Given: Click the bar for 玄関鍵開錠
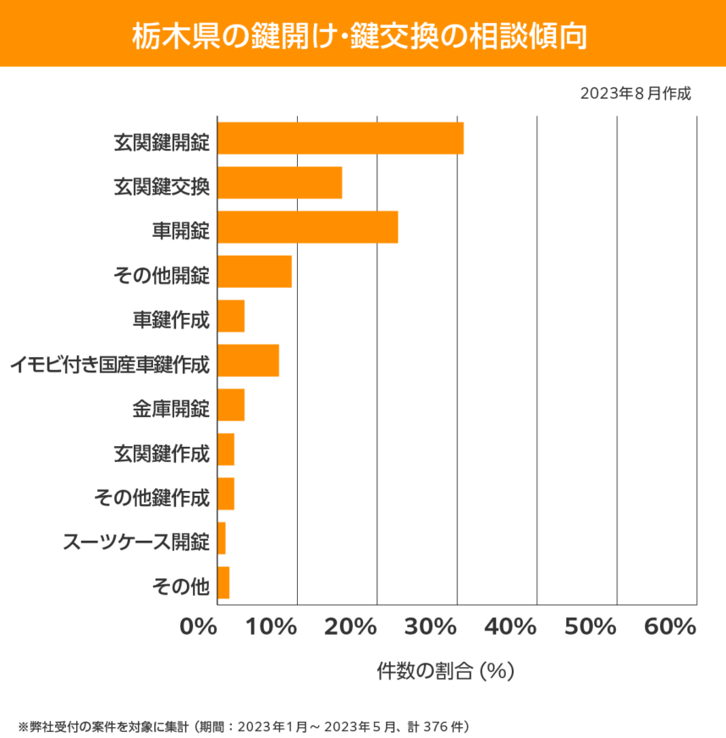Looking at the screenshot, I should click(340, 138).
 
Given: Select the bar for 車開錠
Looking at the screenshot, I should click(307, 227).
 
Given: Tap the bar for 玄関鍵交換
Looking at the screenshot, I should click(279, 183).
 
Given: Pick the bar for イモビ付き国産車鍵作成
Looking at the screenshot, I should click(248, 361).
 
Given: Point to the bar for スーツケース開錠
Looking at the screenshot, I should click(222, 538).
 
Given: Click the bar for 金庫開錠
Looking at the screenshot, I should click(231, 405).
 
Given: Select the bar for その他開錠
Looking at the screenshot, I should click(255, 272).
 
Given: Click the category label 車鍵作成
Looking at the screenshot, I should click(171, 321).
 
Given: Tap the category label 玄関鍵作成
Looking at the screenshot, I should click(162, 454).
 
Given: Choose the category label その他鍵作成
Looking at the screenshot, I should click(151, 498).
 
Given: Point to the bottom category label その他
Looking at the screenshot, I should click(179, 586).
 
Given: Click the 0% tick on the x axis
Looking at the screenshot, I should click(199, 627).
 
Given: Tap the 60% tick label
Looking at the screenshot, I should click(669, 627).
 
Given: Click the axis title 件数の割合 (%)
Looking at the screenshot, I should click(446, 671).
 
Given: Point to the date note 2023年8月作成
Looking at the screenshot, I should click(635, 93).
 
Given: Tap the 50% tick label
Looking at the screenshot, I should click(590, 627).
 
